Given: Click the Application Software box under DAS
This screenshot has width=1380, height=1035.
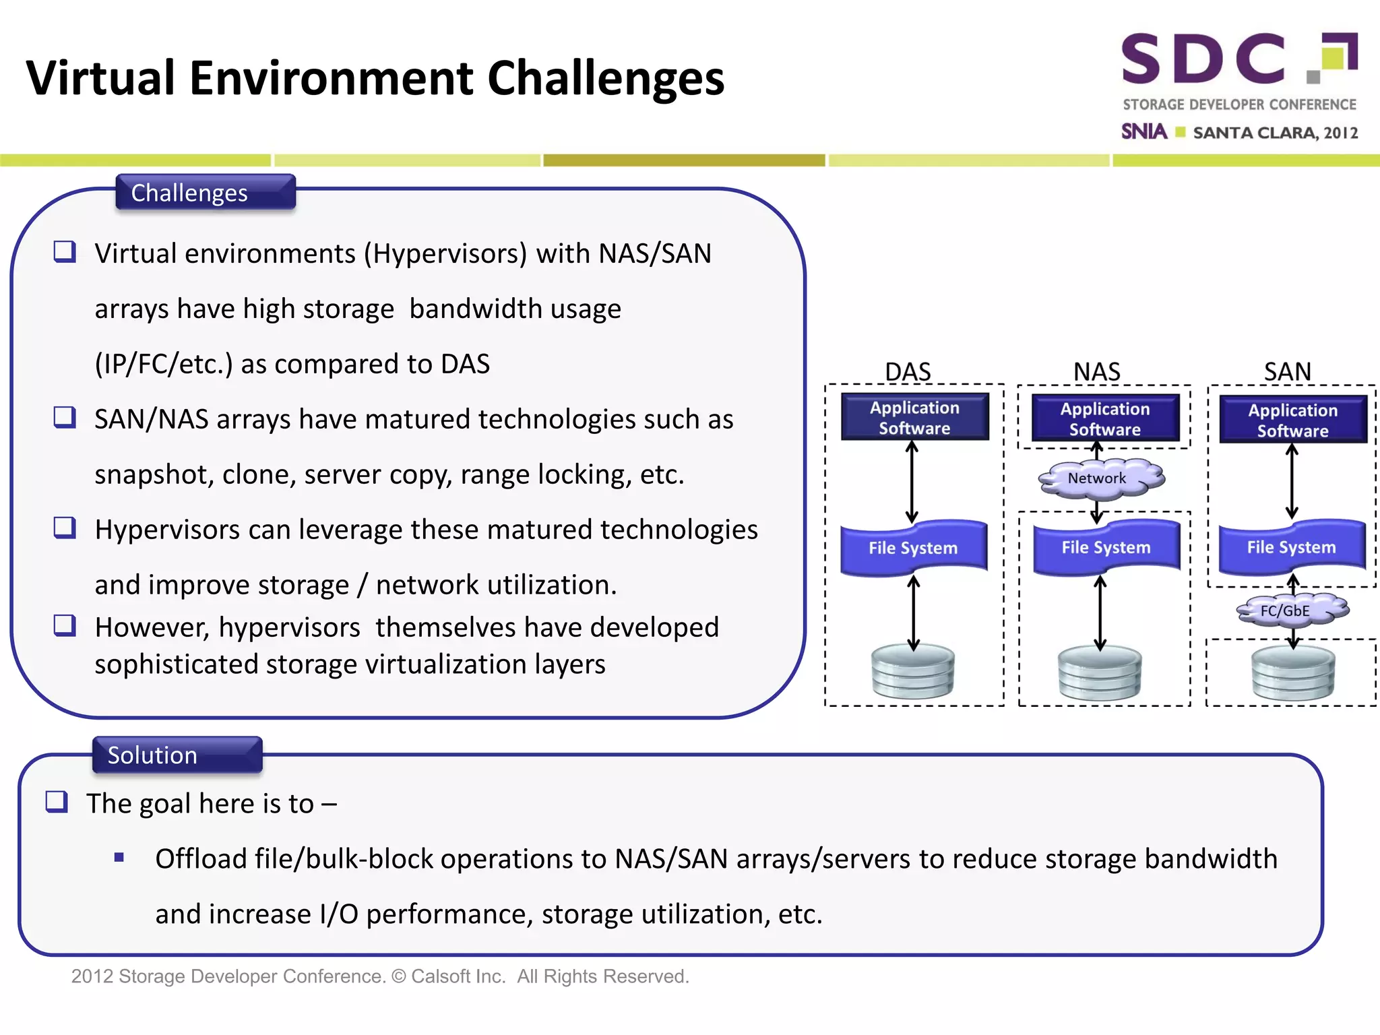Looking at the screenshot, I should [914, 417].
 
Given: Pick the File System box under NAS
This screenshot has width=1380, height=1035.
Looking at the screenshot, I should [1106, 547].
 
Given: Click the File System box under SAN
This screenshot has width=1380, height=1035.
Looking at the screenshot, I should [1291, 546].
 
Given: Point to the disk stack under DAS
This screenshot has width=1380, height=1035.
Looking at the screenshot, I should [912, 671].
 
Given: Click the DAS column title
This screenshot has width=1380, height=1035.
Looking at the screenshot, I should [907, 371].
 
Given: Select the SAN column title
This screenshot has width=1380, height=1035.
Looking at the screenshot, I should [1287, 371].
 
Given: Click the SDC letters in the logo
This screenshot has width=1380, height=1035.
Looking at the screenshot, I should [1203, 59].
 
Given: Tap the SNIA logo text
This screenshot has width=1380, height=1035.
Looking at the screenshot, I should [1143, 131].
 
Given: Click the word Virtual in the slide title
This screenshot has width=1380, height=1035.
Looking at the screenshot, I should [100, 78].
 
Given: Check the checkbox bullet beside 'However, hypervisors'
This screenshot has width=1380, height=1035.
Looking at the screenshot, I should [65, 625].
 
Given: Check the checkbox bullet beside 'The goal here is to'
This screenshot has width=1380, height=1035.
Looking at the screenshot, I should [57, 802].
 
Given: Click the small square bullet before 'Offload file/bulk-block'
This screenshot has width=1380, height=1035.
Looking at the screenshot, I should [119, 858].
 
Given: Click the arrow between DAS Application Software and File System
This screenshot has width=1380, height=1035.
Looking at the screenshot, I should [912, 481].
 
